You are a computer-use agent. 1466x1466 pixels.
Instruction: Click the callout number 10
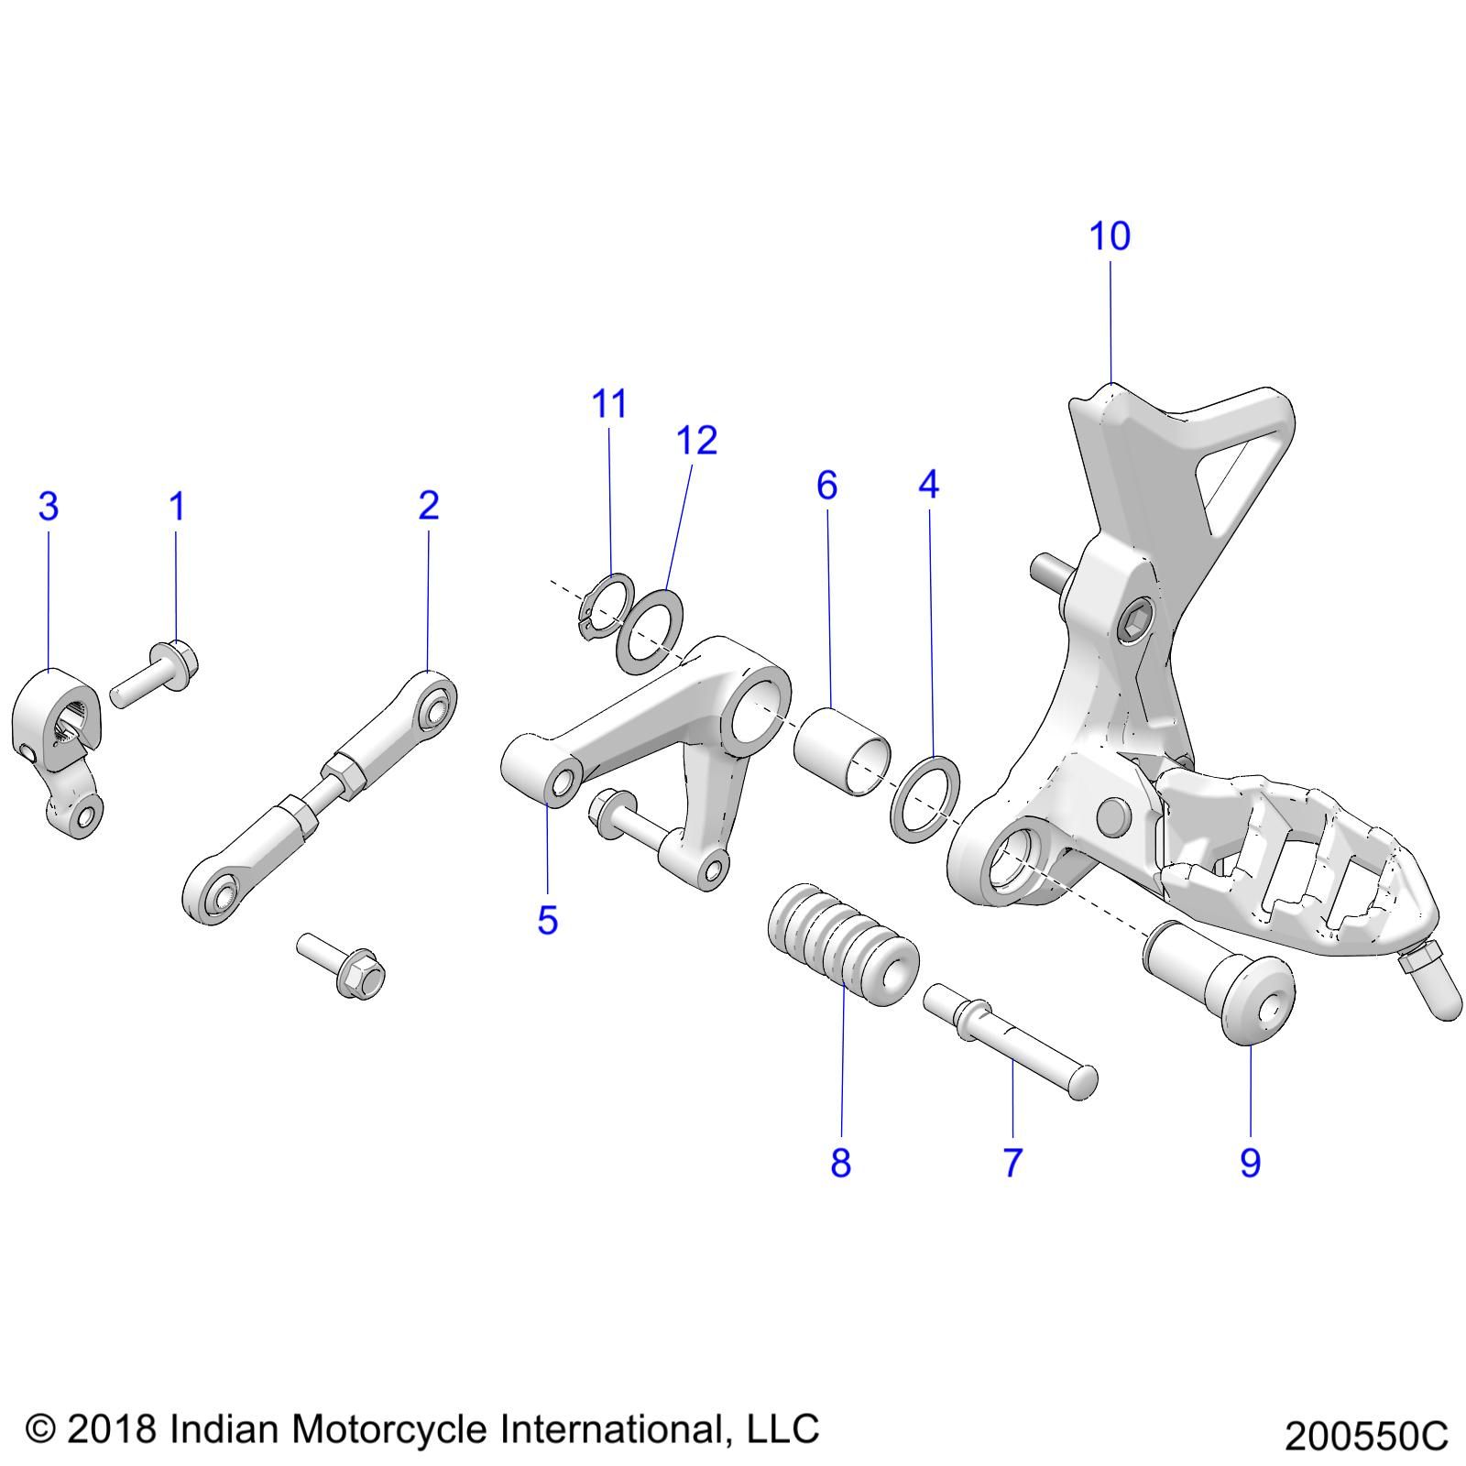click(1109, 236)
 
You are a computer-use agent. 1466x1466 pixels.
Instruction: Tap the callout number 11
click(609, 404)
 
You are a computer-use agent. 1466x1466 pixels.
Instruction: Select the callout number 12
click(696, 441)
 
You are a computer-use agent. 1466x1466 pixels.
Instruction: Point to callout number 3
click(49, 506)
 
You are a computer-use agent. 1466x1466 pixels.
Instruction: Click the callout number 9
click(1250, 1163)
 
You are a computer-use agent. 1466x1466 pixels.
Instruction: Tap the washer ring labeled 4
click(925, 798)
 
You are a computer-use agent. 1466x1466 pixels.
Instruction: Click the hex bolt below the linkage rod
click(344, 966)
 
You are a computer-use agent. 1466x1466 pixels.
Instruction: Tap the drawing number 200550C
click(1365, 1436)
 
